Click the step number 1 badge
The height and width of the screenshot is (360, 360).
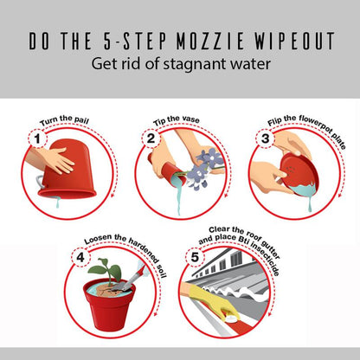pyautogui.click(x=37, y=139)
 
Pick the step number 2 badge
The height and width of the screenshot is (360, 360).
pyautogui.click(x=151, y=138)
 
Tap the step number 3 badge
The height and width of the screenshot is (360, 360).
pyautogui.click(x=265, y=138)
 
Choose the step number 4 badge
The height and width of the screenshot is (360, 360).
pyautogui.click(x=80, y=257)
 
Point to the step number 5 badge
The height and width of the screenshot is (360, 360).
pyautogui.click(x=195, y=257)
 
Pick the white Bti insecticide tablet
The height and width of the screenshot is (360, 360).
pyautogui.click(x=233, y=318)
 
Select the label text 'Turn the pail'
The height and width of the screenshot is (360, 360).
pyautogui.click(x=64, y=120)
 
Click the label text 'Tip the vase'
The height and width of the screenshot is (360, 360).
pyautogui.click(x=177, y=120)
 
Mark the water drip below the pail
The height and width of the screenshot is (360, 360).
pyautogui.click(x=58, y=202)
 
